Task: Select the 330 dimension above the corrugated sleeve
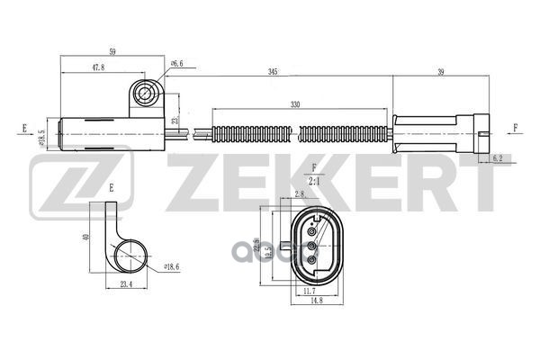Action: (296, 104)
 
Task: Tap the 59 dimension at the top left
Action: (112, 52)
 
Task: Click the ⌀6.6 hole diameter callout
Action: (177, 64)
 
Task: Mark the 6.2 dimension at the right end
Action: (498, 158)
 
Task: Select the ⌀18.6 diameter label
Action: (174, 267)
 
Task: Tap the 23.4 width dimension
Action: (125, 285)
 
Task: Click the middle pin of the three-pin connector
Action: (310, 244)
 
